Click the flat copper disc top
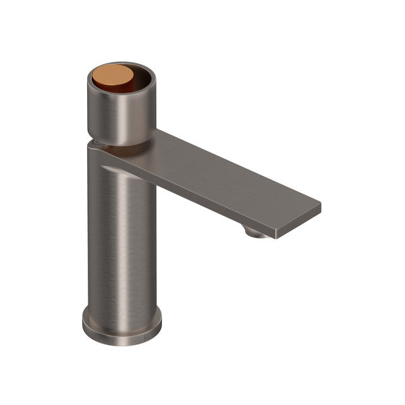click(108, 74)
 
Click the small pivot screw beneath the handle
click(95, 142)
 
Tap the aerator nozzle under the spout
click(255, 233)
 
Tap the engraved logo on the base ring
click(149, 333)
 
